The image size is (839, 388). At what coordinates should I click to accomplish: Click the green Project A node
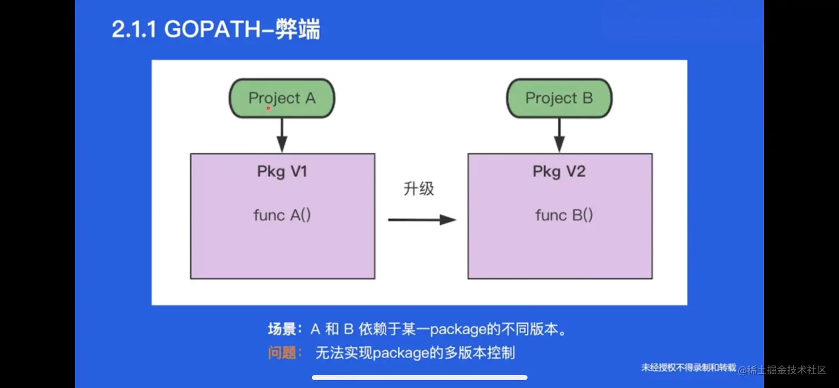coord(282,98)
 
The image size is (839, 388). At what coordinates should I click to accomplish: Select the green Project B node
coord(559,98)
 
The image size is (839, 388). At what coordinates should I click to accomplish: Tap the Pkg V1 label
coord(282,172)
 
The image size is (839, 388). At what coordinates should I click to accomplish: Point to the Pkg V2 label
coord(559,172)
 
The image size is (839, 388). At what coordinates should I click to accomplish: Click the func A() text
coord(282,215)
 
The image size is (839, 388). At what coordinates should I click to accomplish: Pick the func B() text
coord(564,215)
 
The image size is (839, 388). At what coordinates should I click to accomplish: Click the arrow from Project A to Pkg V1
coord(282,135)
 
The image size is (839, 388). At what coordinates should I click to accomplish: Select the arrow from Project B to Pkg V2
coord(559,135)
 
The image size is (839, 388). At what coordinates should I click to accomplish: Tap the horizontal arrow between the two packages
coord(422,220)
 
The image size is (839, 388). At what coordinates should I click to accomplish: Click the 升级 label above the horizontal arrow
coord(419,189)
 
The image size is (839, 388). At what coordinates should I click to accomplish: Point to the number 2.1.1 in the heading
coord(135,30)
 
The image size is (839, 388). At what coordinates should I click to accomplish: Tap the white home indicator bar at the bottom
coord(419,377)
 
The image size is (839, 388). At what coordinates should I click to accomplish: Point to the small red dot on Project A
coord(269,108)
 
